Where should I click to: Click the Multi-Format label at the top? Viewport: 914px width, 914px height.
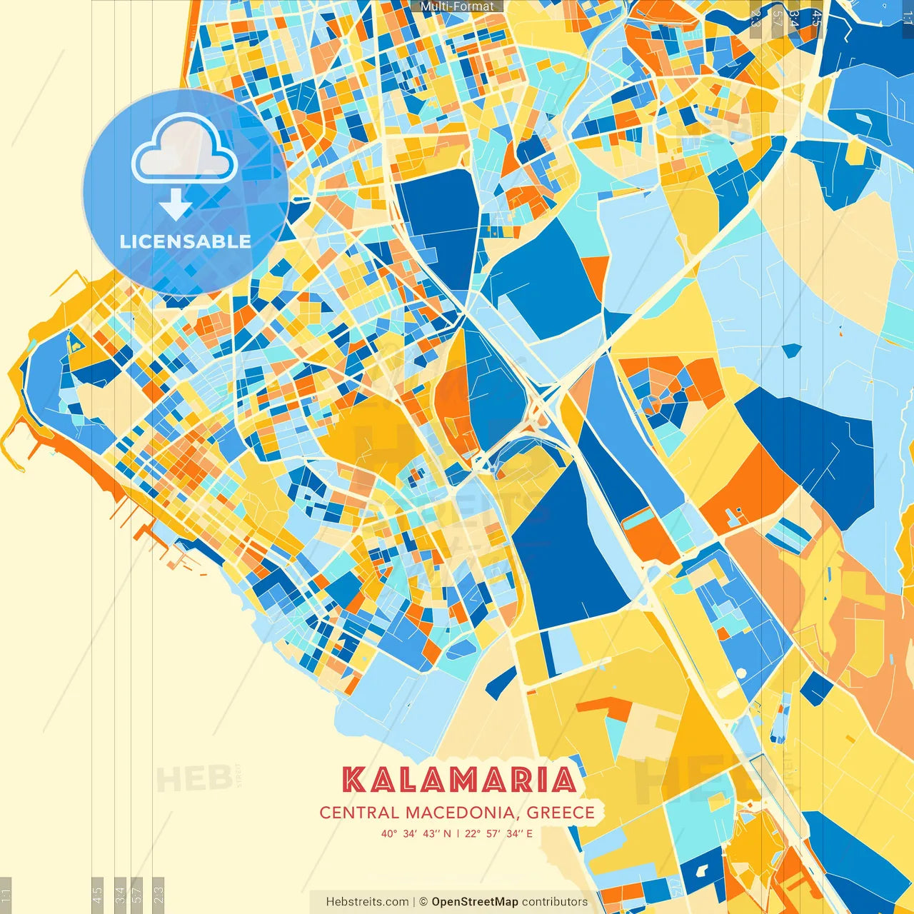[457, 6]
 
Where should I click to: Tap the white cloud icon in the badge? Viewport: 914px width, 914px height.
[184, 151]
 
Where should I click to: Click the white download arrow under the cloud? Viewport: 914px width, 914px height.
[176, 204]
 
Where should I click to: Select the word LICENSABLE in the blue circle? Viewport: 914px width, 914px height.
[185, 241]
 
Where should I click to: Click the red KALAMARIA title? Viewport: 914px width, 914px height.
[458, 780]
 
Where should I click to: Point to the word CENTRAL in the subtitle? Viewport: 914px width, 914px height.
[359, 813]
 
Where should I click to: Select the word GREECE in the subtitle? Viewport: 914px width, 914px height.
[561, 813]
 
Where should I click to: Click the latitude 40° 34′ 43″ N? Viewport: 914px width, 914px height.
[416, 833]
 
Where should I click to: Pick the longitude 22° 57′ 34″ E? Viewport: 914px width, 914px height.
[498, 833]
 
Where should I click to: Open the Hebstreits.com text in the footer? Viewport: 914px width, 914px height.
[367, 902]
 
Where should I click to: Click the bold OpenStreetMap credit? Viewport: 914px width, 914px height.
[474, 902]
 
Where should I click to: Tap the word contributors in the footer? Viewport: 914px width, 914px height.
[555, 902]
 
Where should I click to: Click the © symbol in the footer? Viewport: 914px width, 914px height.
[423, 902]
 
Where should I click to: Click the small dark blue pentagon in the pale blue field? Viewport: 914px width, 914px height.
[792, 350]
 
